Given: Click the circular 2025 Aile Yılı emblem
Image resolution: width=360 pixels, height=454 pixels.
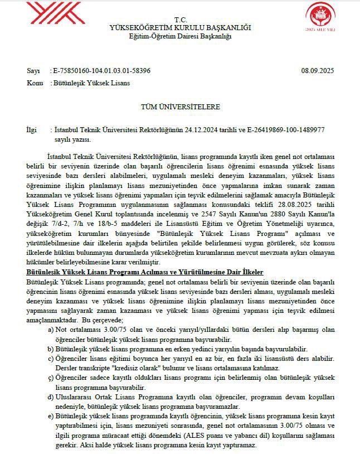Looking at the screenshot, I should (324, 16).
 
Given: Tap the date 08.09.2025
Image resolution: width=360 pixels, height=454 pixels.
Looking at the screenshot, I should (317, 71).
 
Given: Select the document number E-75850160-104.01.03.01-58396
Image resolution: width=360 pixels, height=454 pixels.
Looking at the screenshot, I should (101, 71).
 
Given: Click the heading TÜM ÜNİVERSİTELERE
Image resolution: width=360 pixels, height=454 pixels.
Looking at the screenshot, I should (181, 107).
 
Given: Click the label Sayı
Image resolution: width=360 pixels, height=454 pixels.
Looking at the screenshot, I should (33, 71).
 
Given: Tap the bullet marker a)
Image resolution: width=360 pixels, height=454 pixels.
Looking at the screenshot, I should (52, 330).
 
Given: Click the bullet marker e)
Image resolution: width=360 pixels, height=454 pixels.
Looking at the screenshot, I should (52, 416).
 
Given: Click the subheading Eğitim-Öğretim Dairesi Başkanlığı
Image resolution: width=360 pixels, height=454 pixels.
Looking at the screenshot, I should (180, 36).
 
